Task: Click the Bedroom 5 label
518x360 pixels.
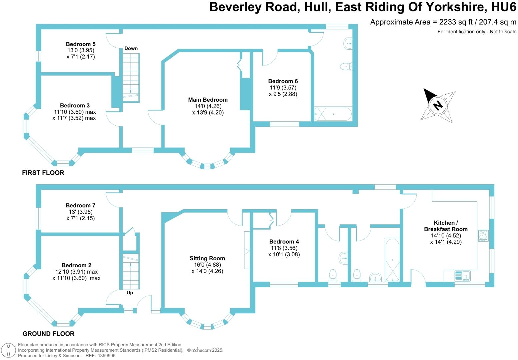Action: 81,44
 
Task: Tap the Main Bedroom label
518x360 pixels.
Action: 208,100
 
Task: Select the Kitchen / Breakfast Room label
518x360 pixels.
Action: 446,226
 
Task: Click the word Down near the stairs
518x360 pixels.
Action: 131,48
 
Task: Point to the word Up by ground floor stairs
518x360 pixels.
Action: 130,293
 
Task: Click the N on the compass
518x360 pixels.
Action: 438,105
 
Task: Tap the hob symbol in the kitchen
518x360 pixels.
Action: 483,235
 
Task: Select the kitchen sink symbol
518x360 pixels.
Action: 462,276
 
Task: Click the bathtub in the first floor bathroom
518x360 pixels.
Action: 333,114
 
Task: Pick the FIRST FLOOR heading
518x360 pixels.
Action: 43,173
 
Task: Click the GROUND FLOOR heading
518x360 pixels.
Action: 48,334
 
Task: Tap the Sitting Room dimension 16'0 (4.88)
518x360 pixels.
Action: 207,265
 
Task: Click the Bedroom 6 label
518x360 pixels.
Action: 283,81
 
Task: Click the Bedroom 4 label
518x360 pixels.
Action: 284,242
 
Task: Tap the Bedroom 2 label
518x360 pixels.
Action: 76,265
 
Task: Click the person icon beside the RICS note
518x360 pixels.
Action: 9,350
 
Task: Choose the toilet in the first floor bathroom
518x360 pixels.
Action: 346,67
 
